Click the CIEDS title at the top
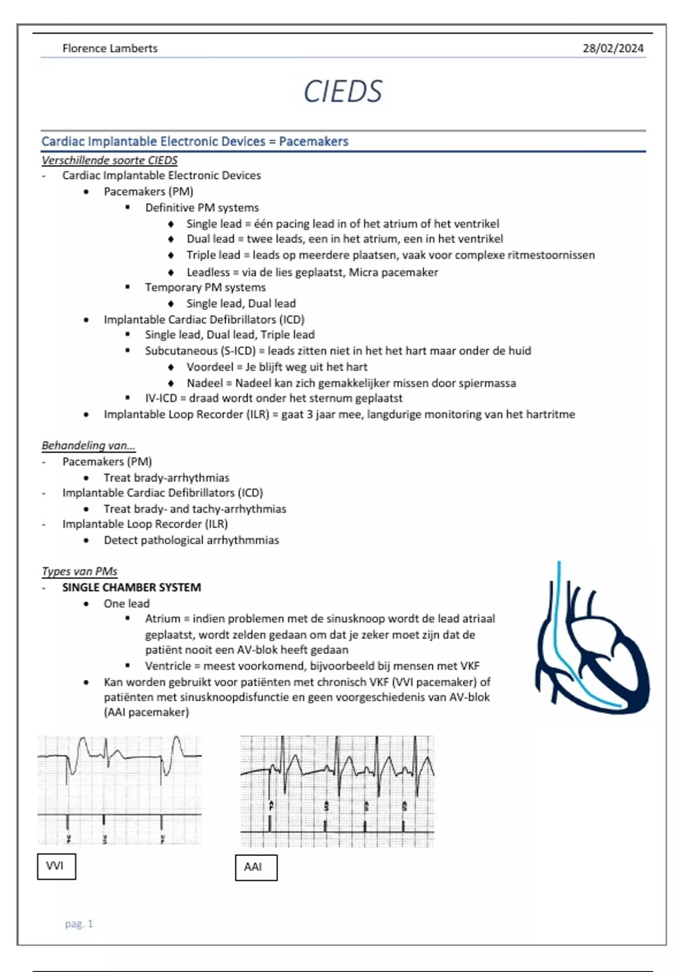click(342, 91)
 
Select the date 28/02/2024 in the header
click(613, 49)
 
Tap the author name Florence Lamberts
click(110, 49)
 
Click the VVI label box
click(56, 866)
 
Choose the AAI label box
click(256, 867)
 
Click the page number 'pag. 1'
click(79, 923)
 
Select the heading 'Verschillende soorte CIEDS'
click(109, 160)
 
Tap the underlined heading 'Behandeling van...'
click(88, 445)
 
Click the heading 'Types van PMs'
click(79, 571)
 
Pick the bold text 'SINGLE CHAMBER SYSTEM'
click(131, 587)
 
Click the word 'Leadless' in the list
click(208, 272)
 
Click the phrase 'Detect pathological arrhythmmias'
click(192, 540)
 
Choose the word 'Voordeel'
click(210, 367)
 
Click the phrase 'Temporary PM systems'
click(205, 287)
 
